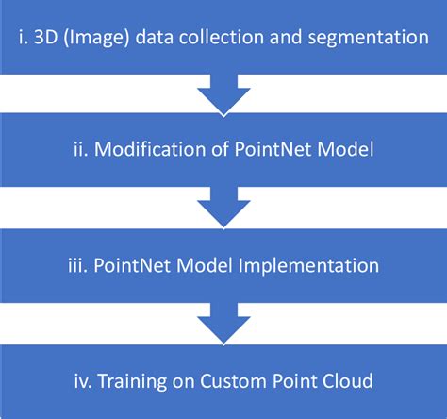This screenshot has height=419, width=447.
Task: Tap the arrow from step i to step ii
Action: (x=223, y=97)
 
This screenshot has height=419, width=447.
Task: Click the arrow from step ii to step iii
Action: (x=223, y=210)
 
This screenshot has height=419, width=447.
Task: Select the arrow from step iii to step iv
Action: (x=223, y=325)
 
